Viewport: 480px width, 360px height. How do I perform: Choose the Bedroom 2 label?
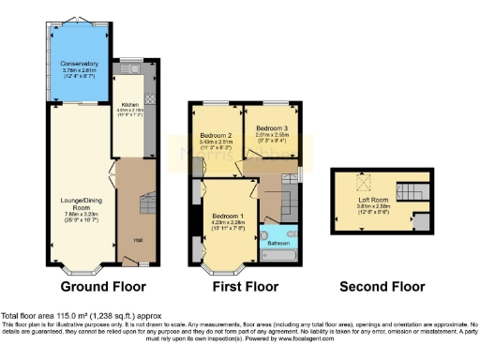pos(215,135)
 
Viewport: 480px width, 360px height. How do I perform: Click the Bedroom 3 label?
pos(271,127)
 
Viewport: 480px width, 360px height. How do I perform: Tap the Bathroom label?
pos(277,242)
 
